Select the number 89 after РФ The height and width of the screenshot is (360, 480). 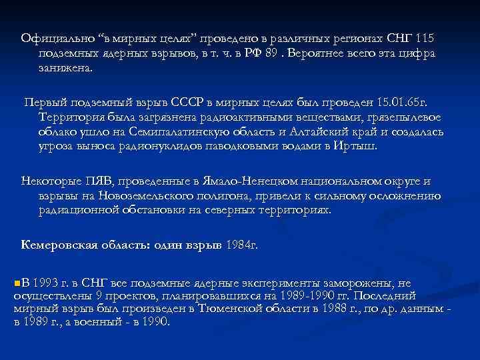(x=270, y=54)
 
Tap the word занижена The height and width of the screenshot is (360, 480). (x=67, y=68)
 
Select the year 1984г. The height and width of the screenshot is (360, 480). (x=241, y=245)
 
